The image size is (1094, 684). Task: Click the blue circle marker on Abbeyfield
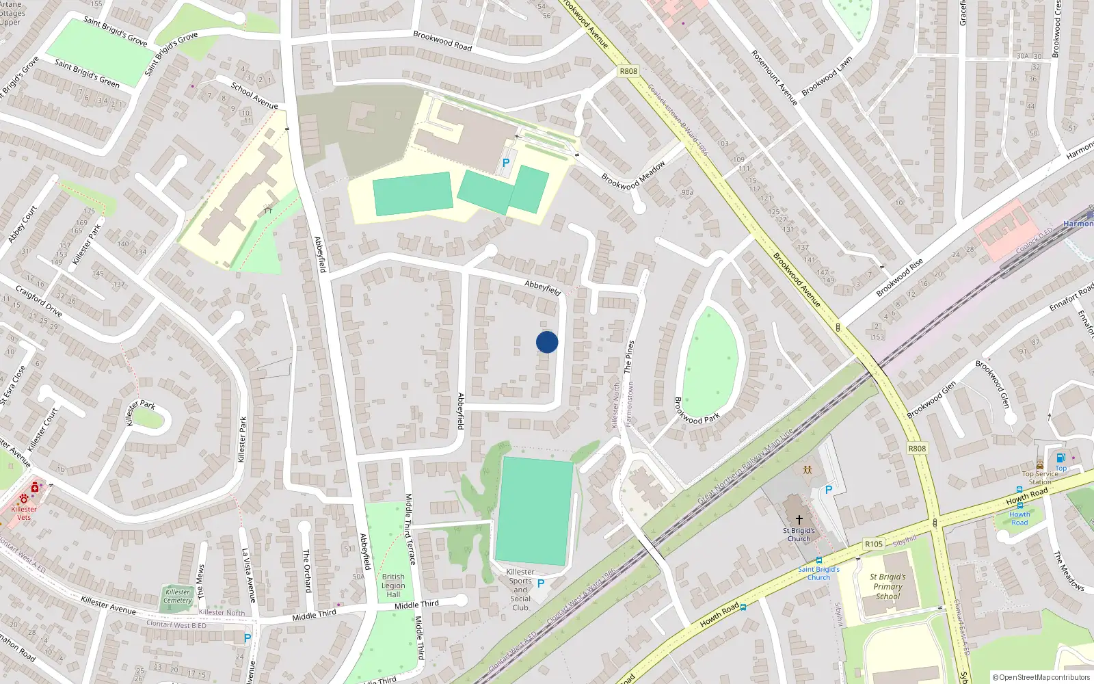click(547, 342)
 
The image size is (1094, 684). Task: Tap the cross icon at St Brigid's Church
click(799, 521)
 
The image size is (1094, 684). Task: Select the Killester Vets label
click(24, 513)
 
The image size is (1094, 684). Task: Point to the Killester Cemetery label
click(178, 596)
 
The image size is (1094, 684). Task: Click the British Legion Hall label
click(393, 586)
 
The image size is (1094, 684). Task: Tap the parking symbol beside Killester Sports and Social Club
click(541, 583)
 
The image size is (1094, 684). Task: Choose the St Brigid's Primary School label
click(888, 586)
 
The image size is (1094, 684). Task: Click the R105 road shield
click(873, 544)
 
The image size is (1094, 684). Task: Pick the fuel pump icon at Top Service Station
click(1060, 458)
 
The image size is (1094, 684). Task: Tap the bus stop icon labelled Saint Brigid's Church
click(818, 561)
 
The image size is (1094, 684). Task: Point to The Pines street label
click(628, 356)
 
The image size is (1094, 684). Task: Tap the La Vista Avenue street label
click(248, 575)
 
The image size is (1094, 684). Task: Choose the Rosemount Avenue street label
click(774, 77)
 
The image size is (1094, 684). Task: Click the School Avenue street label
click(254, 96)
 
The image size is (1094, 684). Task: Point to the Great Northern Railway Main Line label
click(745, 466)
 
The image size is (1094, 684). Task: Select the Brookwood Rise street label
click(900, 278)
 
